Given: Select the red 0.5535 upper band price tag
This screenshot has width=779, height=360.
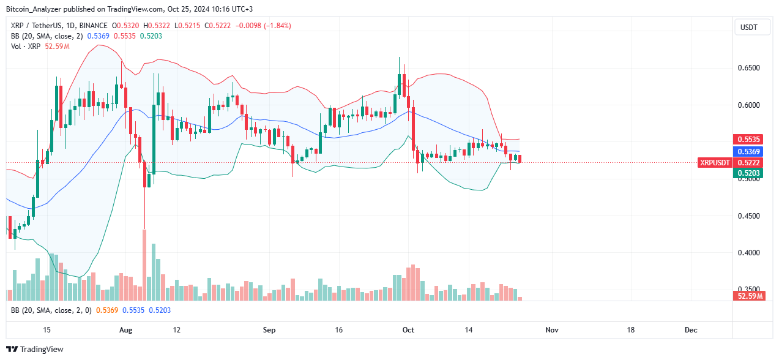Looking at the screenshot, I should (x=748, y=140).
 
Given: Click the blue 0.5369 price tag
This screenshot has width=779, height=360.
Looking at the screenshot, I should (x=748, y=151).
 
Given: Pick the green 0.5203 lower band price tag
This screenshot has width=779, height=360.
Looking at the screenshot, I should (x=748, y=174).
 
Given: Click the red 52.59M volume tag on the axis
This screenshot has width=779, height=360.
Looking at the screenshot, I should (x=748, y=296).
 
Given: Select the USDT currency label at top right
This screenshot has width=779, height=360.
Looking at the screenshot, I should (x=748, y=28).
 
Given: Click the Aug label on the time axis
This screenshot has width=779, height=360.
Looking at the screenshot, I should (x=125, y=330).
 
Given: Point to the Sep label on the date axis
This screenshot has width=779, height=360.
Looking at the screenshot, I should (x=269, y=330).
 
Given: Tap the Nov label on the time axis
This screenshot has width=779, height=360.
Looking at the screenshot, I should (x=552, y=330).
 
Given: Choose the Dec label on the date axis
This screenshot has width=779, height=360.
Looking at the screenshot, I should (x=691, y=330).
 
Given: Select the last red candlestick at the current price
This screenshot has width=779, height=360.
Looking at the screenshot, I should (x=520, y=159).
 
